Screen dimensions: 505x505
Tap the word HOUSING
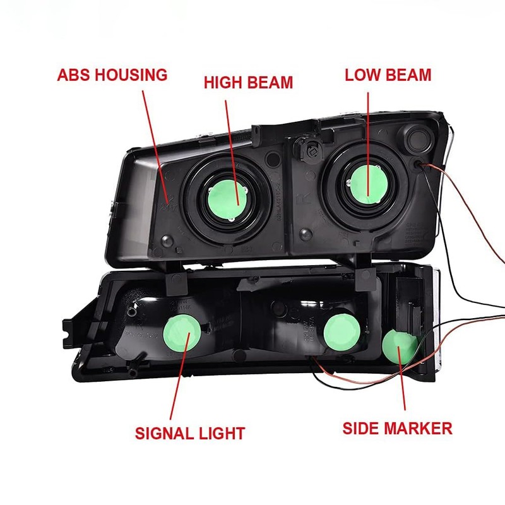pyautogui.click(x=131, y=75)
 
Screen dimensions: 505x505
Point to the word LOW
pyautogui.click(x=362, y=74)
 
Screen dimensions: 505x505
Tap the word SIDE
pyautogui.click(x=362, y=429)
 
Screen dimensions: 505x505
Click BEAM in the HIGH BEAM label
pyautogui.click(x=270, y=82)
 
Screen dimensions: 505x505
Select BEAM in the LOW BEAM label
pyautogui.click(x=408, y=74)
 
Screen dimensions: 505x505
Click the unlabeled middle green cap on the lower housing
pyautogui.click(x=342, y=328)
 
